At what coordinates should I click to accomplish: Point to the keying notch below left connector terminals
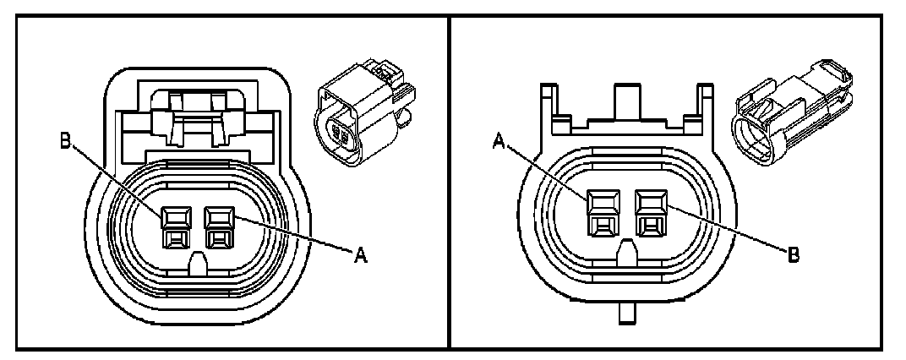coord(198,263)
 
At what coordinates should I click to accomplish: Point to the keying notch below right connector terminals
coord(626,251)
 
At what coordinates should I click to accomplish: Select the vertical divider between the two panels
coord(448,180)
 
